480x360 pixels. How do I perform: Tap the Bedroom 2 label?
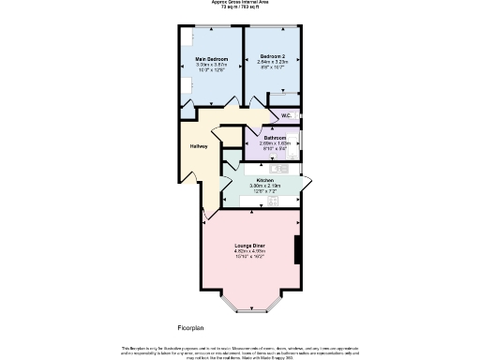pos(271,57)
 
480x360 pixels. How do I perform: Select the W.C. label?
pos(287,115)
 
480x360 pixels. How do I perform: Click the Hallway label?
pos(199,146)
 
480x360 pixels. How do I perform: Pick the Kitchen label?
pos(264,179)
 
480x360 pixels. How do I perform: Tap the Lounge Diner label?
pos(250,246)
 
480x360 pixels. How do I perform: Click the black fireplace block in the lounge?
pos(298,251)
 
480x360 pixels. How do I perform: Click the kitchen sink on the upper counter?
pos(277,169)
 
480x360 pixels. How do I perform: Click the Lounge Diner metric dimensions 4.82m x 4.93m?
pos(250,251)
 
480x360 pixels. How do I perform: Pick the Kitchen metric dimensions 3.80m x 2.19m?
pos(264,186)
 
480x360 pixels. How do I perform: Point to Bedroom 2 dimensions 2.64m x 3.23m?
pos(271,63)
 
